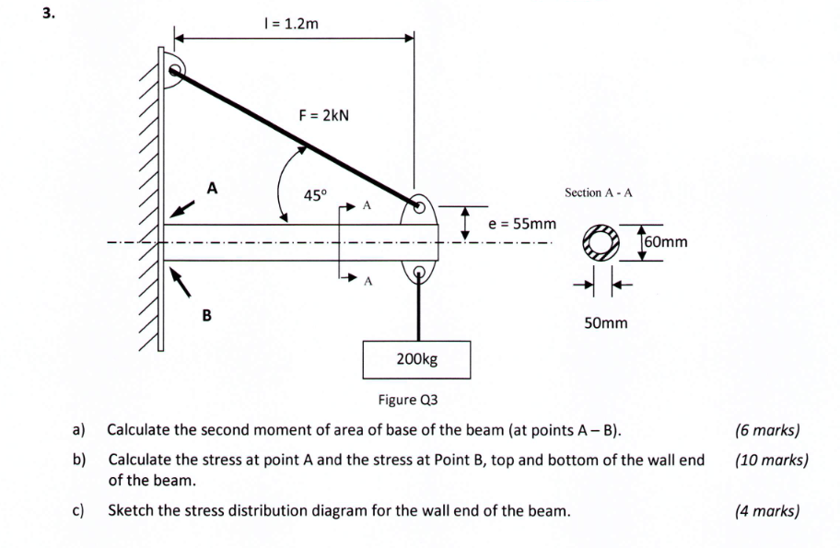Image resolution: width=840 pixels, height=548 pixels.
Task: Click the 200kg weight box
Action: click(417, 358)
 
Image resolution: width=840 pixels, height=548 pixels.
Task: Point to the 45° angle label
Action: click(315, 195)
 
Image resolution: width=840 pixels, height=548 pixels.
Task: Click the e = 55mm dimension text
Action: click(522, 224)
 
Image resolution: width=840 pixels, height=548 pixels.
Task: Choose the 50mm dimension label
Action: click(605, 323)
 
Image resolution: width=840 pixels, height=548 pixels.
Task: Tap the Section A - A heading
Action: click(599, 192)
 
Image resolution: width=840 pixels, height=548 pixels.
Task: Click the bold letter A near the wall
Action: click(212, 188)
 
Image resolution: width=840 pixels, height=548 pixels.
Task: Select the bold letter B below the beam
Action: click(206, 316)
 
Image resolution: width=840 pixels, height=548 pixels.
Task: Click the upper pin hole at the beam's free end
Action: click(418, 205)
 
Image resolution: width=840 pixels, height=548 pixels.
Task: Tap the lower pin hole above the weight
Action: click(420, 273)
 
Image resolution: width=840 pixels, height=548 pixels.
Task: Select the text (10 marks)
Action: click(772, 460)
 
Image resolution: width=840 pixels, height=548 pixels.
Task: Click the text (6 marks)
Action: click(768, 429)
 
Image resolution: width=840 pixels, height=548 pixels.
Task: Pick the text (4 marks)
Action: click(768, 510)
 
